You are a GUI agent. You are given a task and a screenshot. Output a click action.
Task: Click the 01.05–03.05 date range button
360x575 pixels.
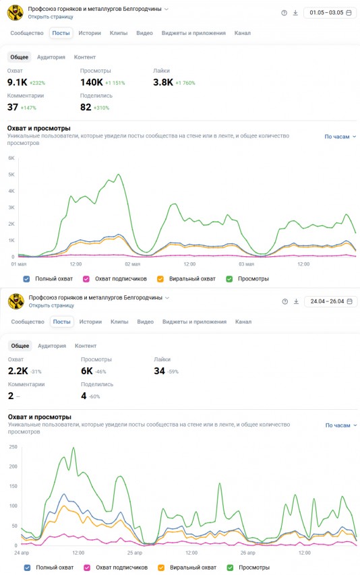tap(330, 12)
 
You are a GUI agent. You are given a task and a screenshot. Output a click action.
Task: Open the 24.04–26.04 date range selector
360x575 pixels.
tap(330, 301)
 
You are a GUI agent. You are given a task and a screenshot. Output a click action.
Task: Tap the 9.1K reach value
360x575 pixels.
tap(17, 82)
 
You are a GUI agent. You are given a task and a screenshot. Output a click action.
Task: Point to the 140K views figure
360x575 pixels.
tap(92, 82)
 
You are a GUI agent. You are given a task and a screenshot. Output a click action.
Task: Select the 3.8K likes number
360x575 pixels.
tap(163, 82)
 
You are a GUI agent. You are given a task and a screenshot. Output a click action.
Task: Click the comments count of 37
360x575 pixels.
tap(12, 107)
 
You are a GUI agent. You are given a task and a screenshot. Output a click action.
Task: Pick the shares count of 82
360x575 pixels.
tap(86, 107)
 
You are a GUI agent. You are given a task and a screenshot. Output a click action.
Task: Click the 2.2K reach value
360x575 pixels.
tap(18, 371)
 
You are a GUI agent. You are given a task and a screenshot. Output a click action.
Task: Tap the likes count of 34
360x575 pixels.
tap(160, 371)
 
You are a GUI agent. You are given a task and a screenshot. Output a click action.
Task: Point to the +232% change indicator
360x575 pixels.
tap(37, 83)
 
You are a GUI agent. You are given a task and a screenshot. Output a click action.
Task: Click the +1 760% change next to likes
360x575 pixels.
tap(185, 83)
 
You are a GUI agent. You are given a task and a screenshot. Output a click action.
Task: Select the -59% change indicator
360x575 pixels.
tap(173, 371)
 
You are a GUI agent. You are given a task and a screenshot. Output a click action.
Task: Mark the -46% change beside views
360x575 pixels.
tap(100, 371)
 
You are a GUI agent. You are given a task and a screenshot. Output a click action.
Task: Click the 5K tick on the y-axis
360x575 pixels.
tap(11, 175)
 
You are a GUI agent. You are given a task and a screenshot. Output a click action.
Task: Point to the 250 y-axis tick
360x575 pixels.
tap(13, 447)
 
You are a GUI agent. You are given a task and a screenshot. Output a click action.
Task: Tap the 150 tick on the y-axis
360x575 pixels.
tap(13, 486)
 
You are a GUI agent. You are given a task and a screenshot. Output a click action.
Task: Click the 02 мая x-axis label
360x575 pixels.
tap(132, 264)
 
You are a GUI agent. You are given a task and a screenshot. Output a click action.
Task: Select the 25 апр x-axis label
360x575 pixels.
tap(135, 553)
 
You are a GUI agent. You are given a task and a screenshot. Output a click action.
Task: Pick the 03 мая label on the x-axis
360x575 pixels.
tap(246, 264)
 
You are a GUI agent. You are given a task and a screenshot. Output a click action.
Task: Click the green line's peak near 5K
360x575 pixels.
tap(118, 174)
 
